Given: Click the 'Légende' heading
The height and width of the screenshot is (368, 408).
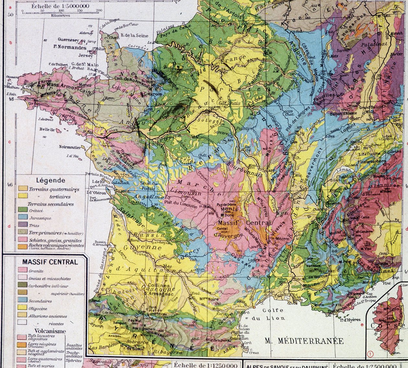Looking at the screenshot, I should pyautogui.click(x=51, y=180).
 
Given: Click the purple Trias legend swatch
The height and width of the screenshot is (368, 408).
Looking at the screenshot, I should pyautogui.click(x=22, y=225).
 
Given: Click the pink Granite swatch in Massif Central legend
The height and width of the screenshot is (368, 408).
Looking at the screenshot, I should pyautogui.click(x=22, y=270).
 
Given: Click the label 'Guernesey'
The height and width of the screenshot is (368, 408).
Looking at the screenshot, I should pyautogui.click(x=68, y=40).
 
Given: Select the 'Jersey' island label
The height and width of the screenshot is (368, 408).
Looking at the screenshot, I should pyautogui.click(x=85, y=56).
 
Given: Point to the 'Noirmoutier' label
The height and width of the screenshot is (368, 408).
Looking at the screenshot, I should pyautogui.click(x=70, y=147).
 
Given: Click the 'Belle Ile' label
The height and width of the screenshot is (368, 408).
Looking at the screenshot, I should pyautogui.click(x=47, y=130).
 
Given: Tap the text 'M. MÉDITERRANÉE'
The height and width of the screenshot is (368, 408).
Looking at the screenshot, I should pyautogui.click(x=304, y=341).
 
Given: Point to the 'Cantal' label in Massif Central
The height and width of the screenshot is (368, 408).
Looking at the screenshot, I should pyautogui.click(x=223, y=228).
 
